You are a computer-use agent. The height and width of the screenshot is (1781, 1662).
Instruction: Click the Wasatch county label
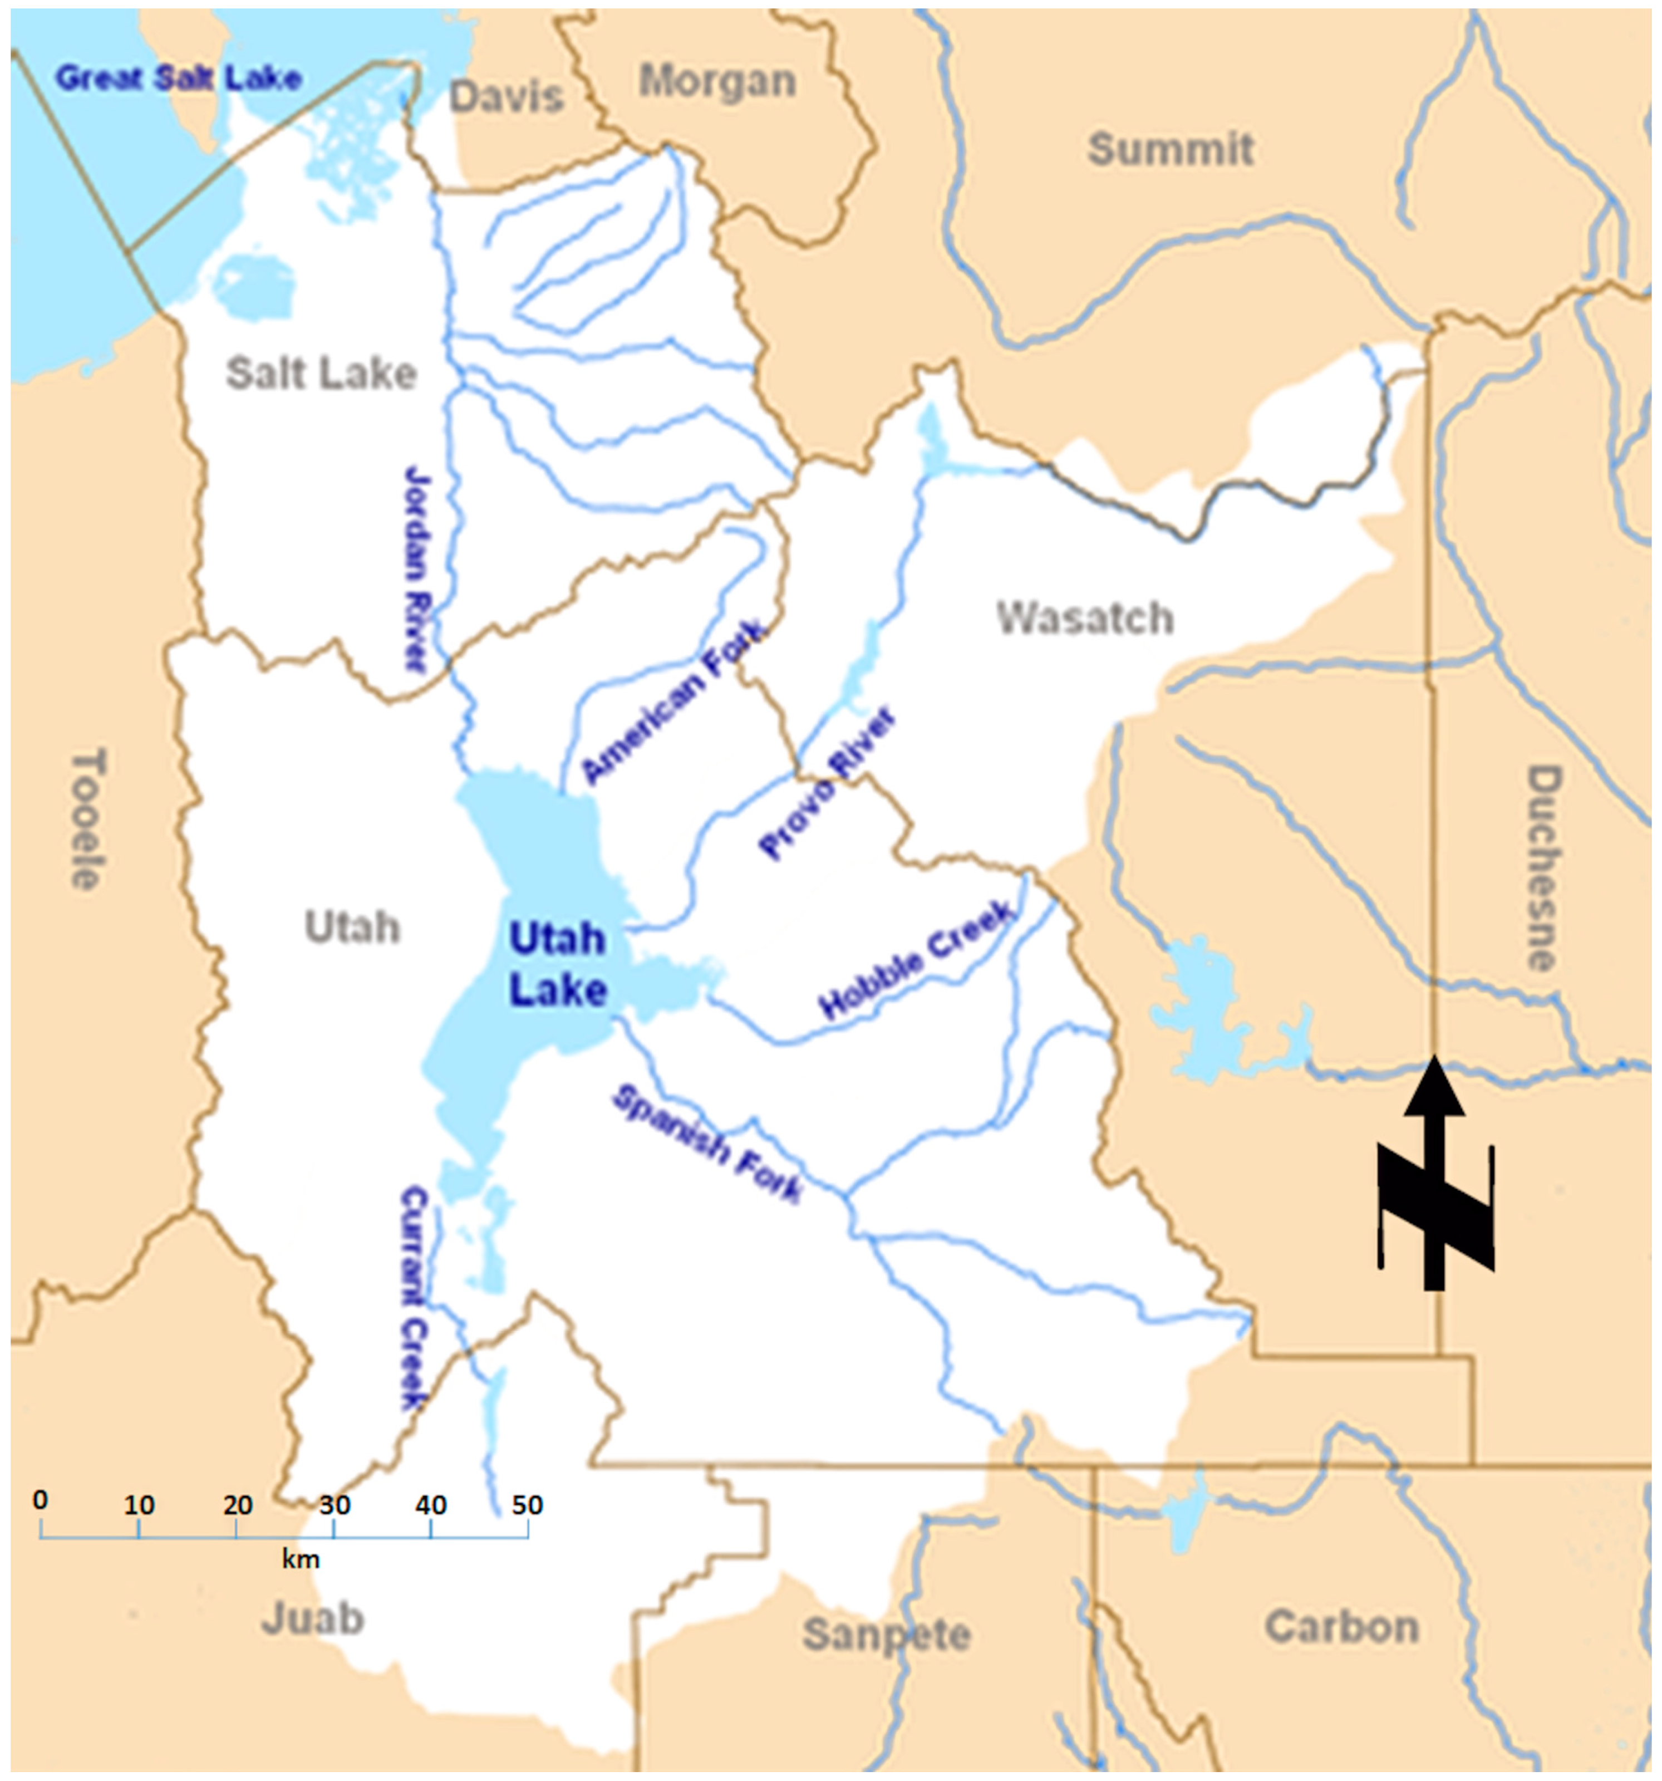coord(1084,618)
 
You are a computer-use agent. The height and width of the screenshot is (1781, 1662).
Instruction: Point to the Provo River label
coord(825,783)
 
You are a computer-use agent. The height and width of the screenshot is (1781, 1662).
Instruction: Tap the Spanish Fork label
coord(706,1144)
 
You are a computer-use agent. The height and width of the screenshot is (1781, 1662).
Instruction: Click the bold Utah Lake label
coord(557,965)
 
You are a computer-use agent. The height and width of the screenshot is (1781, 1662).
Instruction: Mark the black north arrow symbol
coord(1434,1175)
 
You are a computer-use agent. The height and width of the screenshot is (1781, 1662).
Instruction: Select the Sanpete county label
coord(887,1634)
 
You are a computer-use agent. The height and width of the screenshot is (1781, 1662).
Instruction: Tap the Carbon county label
coord(1341,1626)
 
